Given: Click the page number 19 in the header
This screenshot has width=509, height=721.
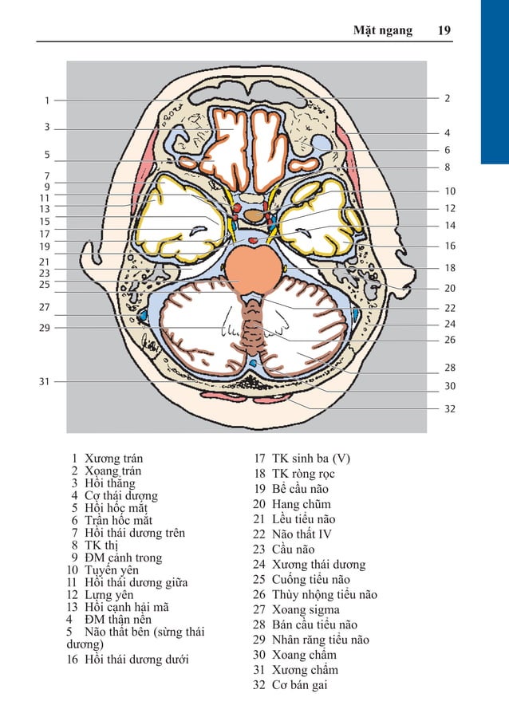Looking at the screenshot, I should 444,30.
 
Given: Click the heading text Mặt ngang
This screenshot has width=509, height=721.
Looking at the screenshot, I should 383,30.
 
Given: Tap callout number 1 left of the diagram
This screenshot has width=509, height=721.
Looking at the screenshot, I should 47,100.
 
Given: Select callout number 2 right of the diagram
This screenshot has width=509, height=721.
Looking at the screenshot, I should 448,98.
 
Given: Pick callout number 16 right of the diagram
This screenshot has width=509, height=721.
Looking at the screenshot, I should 450,246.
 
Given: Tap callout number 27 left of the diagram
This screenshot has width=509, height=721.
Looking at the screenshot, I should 45,307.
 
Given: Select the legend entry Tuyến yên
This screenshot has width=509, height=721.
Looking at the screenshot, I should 111,570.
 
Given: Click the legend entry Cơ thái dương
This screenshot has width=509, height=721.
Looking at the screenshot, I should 120,495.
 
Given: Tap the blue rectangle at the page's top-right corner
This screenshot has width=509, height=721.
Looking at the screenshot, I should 495,80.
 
